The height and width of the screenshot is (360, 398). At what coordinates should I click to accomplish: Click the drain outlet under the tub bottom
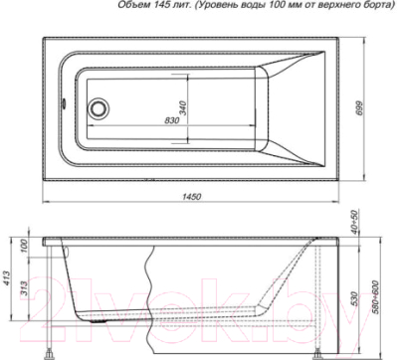98,320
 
